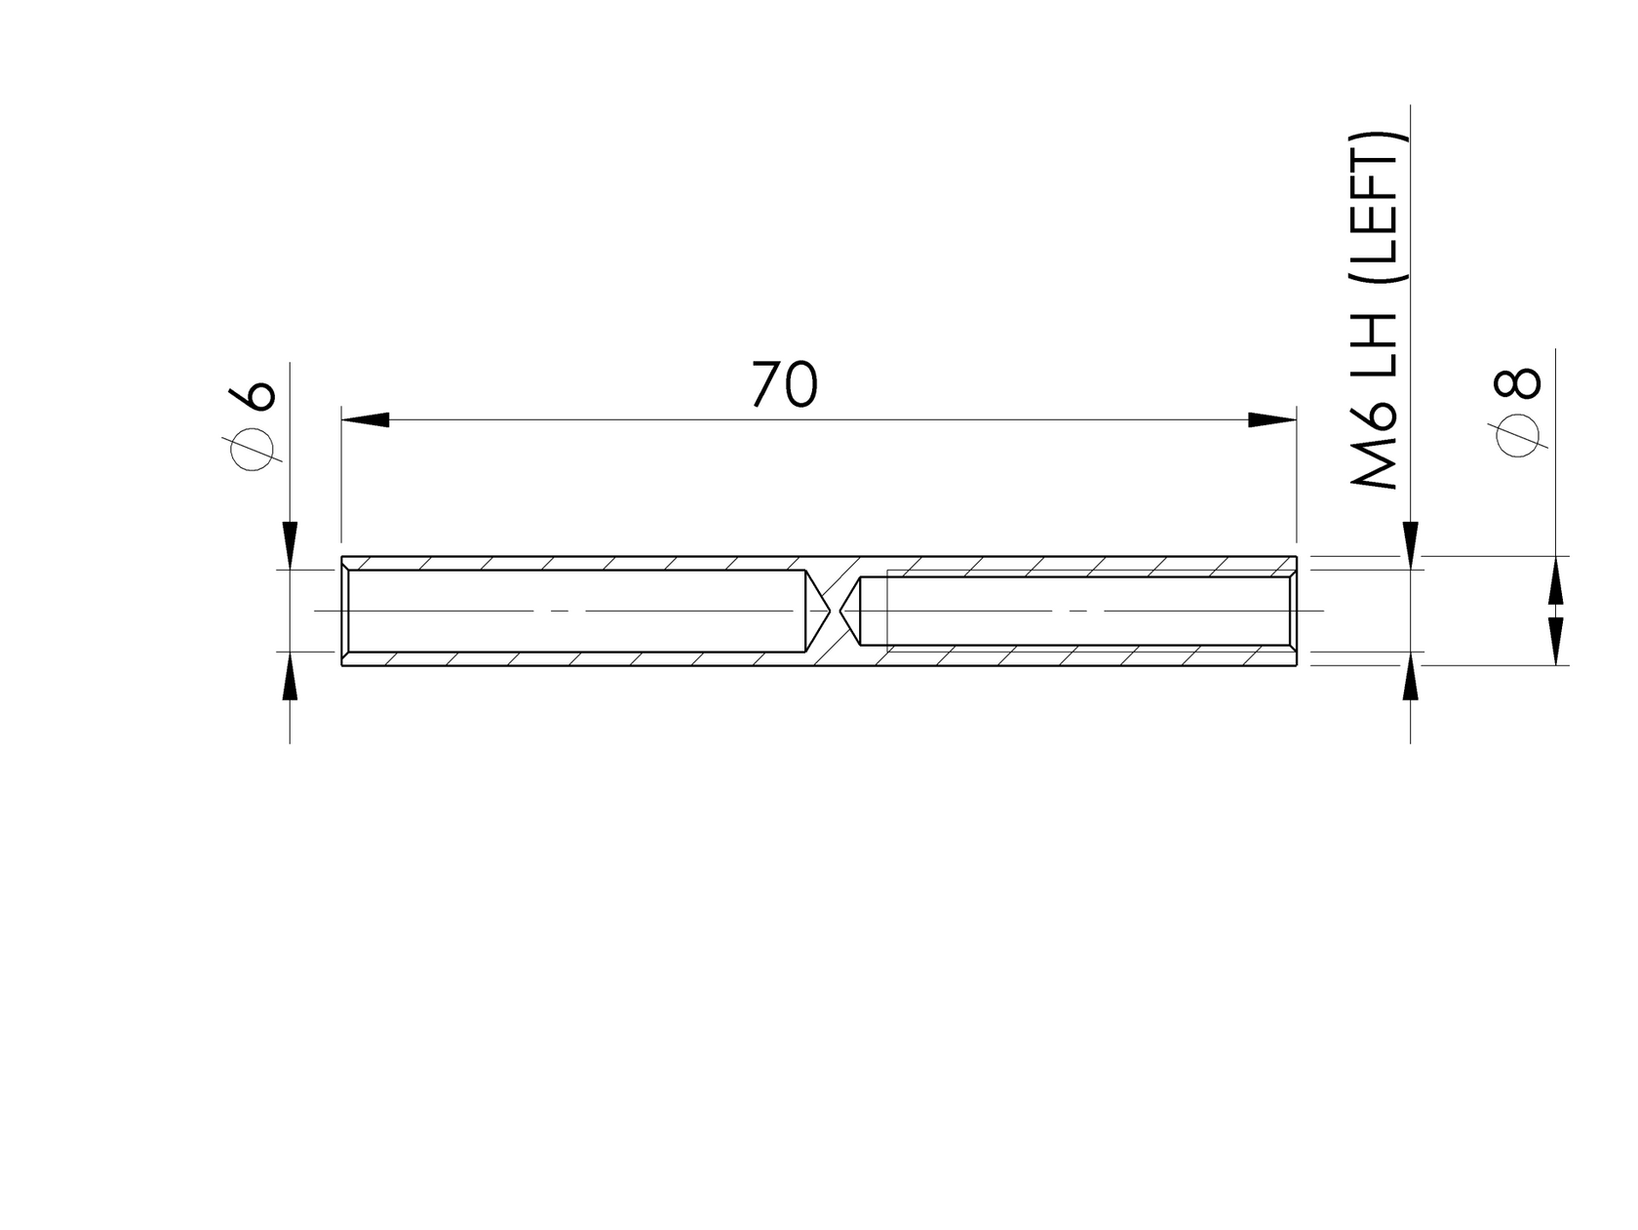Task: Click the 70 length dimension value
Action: click(x=784, y=384)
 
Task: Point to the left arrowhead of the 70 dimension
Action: click(x=365, y=419)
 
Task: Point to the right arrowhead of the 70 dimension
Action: click(x=1272, y=419)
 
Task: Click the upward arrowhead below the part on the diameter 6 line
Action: click(x=290, y=677)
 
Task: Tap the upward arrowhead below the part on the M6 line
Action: click(x=1410, y=677)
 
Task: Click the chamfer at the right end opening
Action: click(x=1293, y=611)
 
